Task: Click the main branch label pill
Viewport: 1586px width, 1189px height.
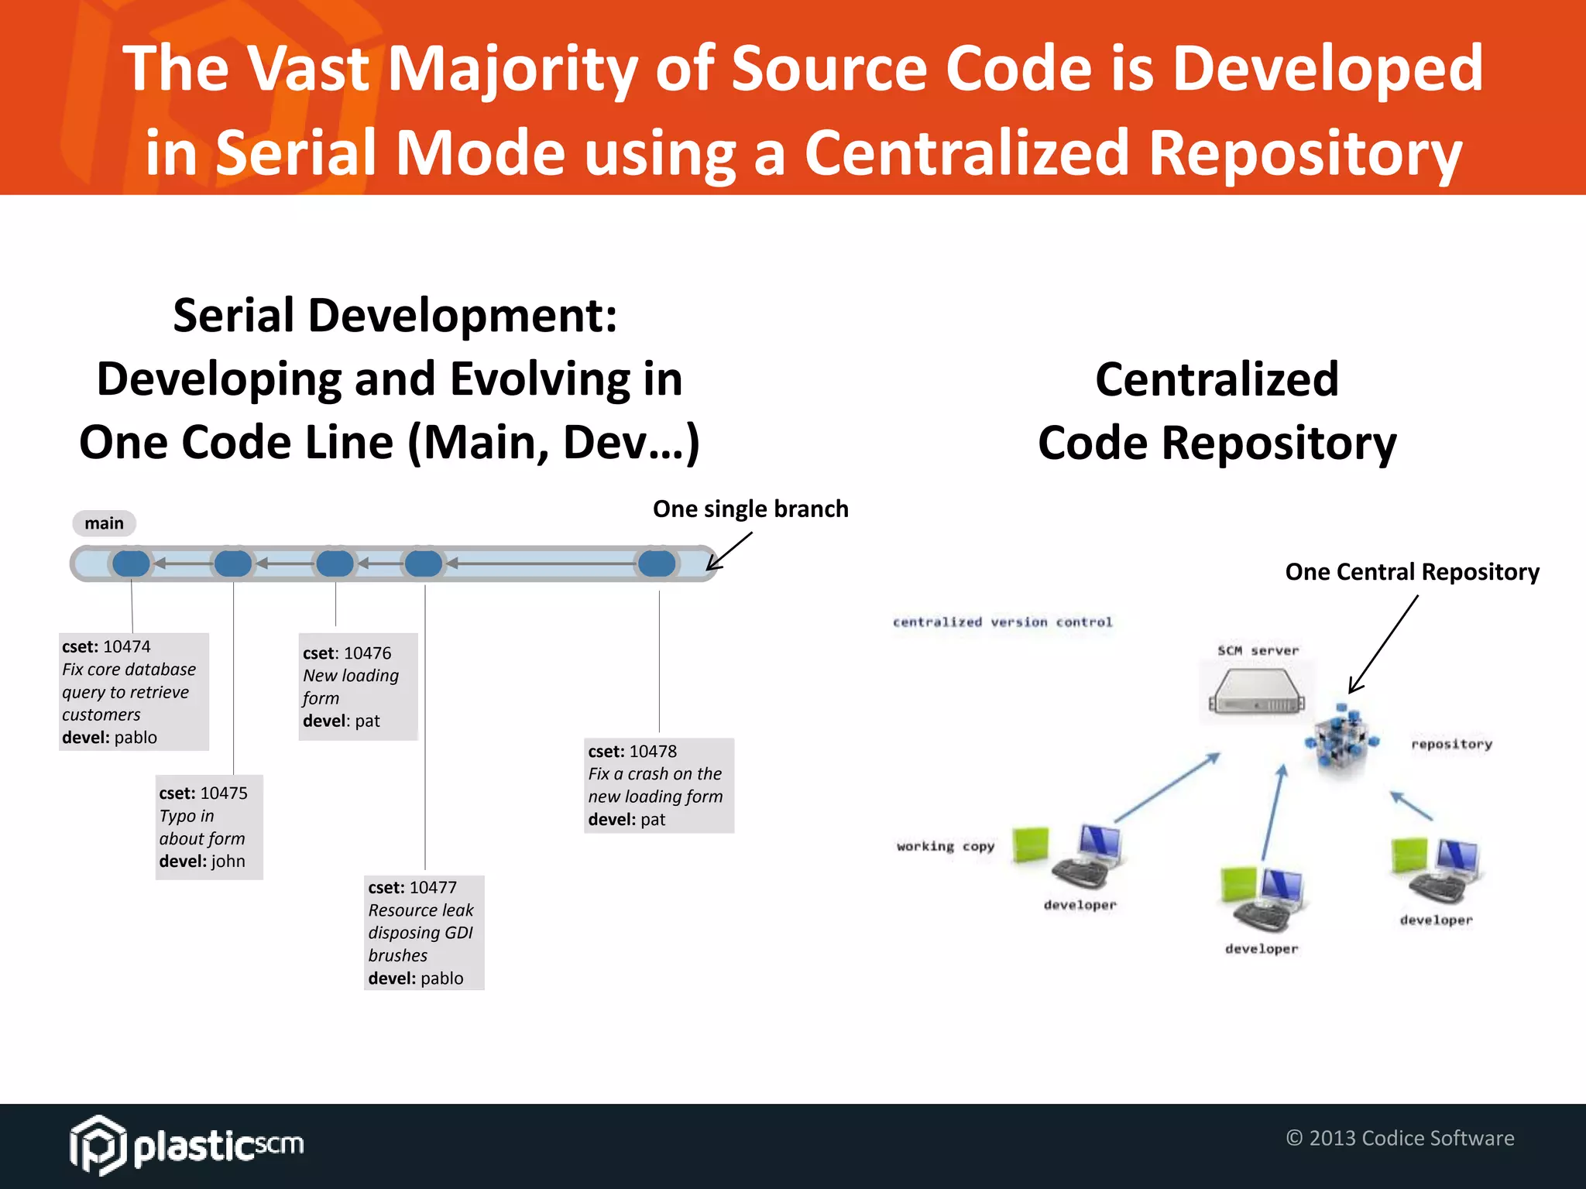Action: click(104, 523)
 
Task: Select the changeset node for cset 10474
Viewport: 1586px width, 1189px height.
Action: click(131, 564)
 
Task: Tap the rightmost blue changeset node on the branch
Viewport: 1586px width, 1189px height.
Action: click(657, 564)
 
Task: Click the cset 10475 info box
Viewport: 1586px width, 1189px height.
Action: click(209, 827)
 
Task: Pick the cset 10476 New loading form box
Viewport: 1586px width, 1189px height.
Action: click(358, 687)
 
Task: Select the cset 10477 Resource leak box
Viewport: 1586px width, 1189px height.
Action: click(424, 932)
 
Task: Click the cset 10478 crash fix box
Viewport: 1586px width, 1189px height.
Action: click(658, 785)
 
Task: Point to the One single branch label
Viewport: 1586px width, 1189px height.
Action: click(750, 509)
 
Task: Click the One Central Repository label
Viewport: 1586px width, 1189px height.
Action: click(1412, 571)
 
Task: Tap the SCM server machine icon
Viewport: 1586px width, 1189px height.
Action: click(1256, 692)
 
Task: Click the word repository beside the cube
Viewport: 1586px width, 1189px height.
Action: click(1450, 744)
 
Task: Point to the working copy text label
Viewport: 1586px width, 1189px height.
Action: click(945, 846)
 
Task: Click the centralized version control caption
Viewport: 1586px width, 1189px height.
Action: click(1002, 622)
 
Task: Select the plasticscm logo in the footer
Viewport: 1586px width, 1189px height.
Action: click(187, 1145)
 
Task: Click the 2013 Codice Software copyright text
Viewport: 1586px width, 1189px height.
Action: click(1399, 1138)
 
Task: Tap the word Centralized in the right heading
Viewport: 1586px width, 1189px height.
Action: click(1216, 379)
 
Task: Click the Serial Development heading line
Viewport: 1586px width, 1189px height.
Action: click(394, 316)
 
